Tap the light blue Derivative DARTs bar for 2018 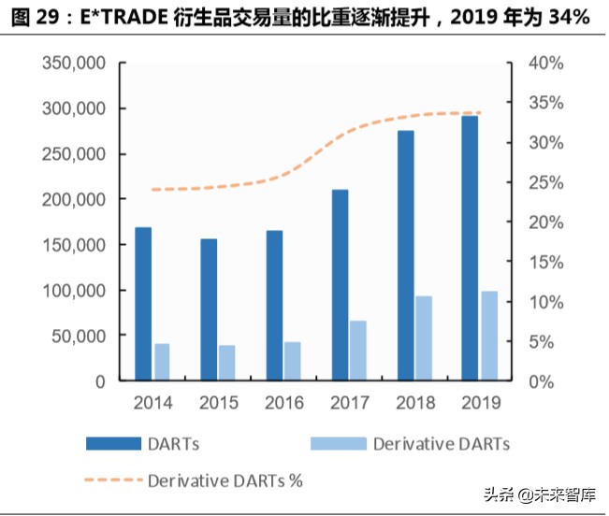point(424,338)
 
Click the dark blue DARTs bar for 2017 point(340,285)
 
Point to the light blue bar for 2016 point(293,361)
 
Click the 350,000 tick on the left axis point(73,64)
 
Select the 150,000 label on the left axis point(73,245)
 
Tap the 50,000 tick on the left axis point(78,336)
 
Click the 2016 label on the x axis point(283,403)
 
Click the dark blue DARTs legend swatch point(115,443)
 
